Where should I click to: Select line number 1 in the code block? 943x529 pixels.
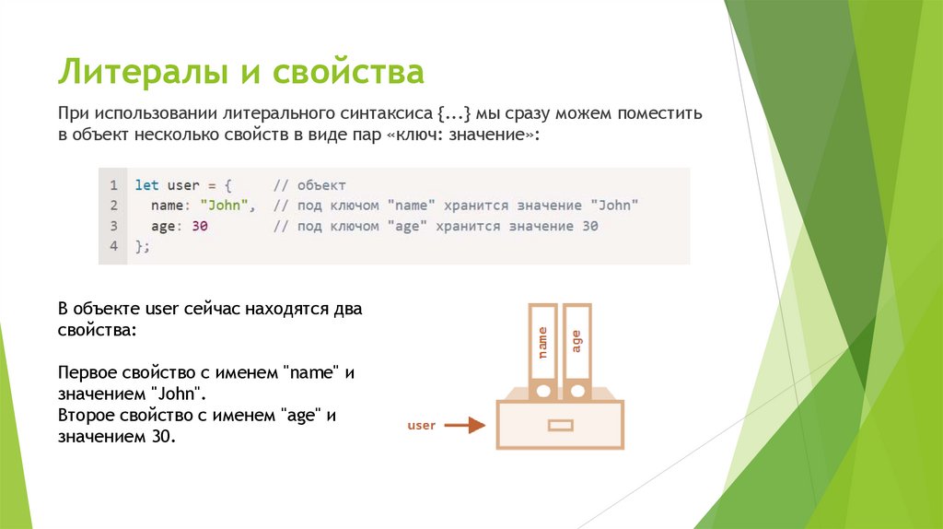tap(112, 185)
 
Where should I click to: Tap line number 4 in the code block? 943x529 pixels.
tap(112, 246)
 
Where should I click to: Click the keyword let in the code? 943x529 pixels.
tap(146, 185)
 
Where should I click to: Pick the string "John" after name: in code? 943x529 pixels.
tap(227, 206)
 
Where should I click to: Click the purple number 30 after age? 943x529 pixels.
tap(199, 226)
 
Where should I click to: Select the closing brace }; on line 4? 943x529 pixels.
tap(142, 246)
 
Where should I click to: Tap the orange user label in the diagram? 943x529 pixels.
tap(421, 426)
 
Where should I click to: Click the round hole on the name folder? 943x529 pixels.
tap(543, 391)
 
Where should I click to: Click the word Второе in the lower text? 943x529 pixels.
tap(86, 416)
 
